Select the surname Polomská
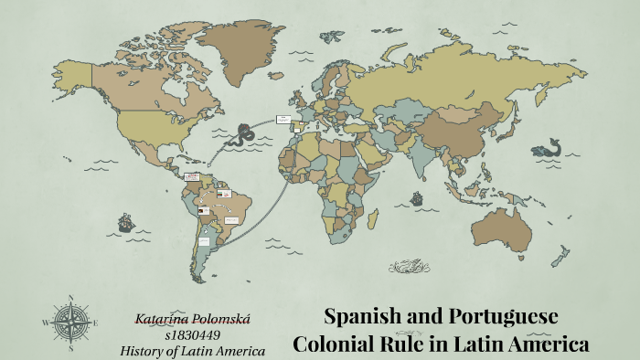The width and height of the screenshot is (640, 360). (x=219, y=318)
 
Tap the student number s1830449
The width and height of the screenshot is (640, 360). (x=192, y=334)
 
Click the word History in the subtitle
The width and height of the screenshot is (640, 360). (x=144, y=350)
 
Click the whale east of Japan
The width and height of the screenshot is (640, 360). (x=550, y=146)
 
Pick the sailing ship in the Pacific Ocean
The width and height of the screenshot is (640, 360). (x=125, y=222)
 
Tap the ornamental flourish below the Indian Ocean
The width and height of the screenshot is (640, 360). (x=410, y=267)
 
